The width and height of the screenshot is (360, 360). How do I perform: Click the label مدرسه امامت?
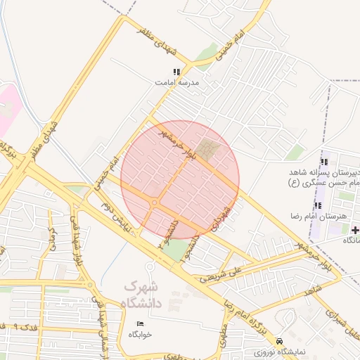coord(177,82)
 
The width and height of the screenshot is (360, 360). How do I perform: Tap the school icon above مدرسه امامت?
coord(177,72)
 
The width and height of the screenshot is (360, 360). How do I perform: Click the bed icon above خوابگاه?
coord(140,323)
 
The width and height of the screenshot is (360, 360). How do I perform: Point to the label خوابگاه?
coord(139,335)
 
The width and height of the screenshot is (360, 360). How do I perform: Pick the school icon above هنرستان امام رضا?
coord(319,205)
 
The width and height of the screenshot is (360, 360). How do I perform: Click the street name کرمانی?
coord(51,239)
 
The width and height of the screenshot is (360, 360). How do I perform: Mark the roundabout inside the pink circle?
coord(154,202)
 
